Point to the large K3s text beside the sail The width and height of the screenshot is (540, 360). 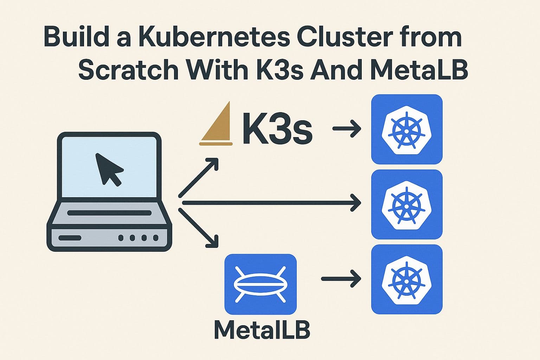(277, 129)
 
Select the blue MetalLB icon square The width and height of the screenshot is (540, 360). (261, 284)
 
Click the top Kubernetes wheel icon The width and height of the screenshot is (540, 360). (407, 129)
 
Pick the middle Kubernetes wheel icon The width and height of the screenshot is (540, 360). (407, 204)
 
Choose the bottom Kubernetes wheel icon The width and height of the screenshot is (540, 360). (407, 279)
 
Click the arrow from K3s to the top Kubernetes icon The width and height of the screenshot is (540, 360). (347, 129)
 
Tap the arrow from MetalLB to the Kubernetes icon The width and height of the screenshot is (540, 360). (341, 279)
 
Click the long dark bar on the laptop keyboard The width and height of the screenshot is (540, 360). (109, 213)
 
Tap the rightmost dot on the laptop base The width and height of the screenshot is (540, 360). (155, 238)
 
